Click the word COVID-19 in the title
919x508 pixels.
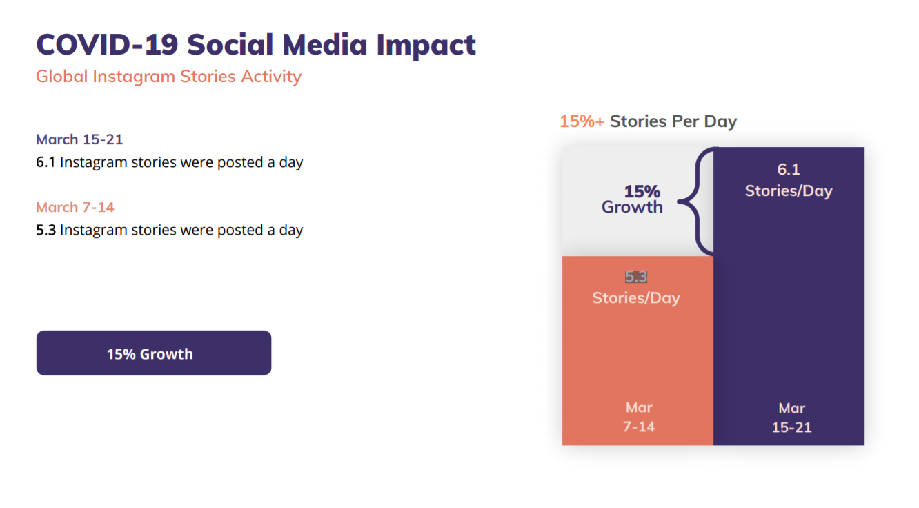(107, 44)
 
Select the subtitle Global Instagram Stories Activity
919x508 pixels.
(168, 77)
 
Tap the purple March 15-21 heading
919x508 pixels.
(79, 139)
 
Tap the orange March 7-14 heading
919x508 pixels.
(75, 207)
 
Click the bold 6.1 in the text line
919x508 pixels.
(46, 162)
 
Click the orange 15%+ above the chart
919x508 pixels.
(582, 121)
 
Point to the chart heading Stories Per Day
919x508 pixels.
(673, 121)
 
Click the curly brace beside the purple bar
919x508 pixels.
(697, 201)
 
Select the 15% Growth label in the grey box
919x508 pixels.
(633, 199)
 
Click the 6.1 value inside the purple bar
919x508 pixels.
(789, 170)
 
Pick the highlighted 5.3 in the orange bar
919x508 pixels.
(636, 277)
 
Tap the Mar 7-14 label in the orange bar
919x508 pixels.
(639, 418)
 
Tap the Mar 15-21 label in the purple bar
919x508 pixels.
(792, 418)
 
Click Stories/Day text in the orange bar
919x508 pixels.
(636, 298)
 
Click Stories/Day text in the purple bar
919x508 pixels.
(789, 190)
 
